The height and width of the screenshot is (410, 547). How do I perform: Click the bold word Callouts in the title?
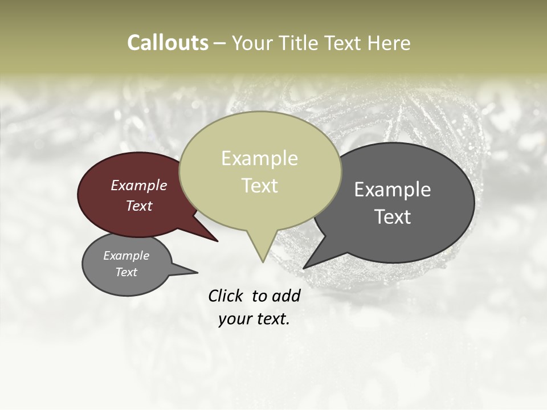click(168, 43)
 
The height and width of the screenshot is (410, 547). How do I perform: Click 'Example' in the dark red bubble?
click(139, 185)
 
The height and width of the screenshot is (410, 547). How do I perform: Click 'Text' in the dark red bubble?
click(139, 206)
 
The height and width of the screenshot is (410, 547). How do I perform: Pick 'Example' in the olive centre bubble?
click(259, 158)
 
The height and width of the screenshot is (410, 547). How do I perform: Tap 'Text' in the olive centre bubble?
click(260, 186)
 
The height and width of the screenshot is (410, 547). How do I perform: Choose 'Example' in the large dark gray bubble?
click(393, 190)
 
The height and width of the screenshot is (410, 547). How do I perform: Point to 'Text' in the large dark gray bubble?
click(393, 216)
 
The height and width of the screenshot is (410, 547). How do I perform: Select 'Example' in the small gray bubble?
click(126, 256)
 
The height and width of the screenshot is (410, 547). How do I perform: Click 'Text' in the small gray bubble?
click(126, 272)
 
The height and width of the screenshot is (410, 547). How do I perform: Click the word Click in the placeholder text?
click(226, 296)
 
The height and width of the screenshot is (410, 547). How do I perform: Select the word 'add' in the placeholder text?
click(285, 296)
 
